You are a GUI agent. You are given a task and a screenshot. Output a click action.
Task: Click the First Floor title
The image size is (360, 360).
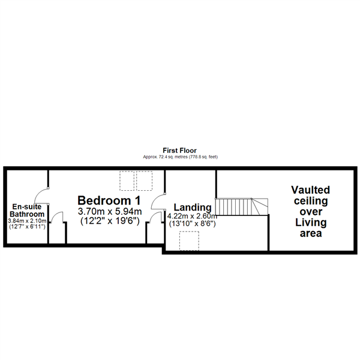coord(180,151)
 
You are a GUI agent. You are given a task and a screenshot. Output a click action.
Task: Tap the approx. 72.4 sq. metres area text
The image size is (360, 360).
coord(180,157)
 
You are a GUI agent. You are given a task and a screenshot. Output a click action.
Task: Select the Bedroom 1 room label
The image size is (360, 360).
coord(109,200)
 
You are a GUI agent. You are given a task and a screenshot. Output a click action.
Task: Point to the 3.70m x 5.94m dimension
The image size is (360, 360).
coord(110,211)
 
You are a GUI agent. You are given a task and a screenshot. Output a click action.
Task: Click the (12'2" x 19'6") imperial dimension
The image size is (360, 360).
coord(110,221)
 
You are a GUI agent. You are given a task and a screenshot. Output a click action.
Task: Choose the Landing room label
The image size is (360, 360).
coord(193,207)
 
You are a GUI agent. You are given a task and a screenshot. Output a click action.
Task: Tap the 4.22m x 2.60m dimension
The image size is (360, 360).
coord(192,216)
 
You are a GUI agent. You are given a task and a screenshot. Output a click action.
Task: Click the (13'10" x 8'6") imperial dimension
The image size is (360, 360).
coord(193,224)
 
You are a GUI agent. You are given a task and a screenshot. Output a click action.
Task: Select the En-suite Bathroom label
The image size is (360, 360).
coord(27,211)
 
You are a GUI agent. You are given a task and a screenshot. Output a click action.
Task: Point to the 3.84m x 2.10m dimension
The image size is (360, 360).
coord(27,221)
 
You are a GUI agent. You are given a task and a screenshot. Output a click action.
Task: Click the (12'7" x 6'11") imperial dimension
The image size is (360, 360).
coord(27,227)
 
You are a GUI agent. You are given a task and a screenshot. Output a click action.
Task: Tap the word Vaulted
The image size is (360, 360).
coord(310,190)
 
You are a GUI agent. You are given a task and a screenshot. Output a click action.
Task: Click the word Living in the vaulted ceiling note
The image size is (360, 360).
coord(311,223)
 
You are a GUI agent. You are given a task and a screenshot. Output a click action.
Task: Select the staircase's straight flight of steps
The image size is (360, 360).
coord(234,207)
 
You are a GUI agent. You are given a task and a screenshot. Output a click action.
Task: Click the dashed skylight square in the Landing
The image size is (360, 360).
coord(189,241)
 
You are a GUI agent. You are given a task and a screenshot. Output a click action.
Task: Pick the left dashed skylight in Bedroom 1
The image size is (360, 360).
coord(127,181)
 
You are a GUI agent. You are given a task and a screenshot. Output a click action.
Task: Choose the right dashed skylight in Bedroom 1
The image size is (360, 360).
coord(144,181)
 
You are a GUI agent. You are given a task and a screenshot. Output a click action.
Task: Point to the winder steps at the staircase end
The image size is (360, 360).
coord(260,207)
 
